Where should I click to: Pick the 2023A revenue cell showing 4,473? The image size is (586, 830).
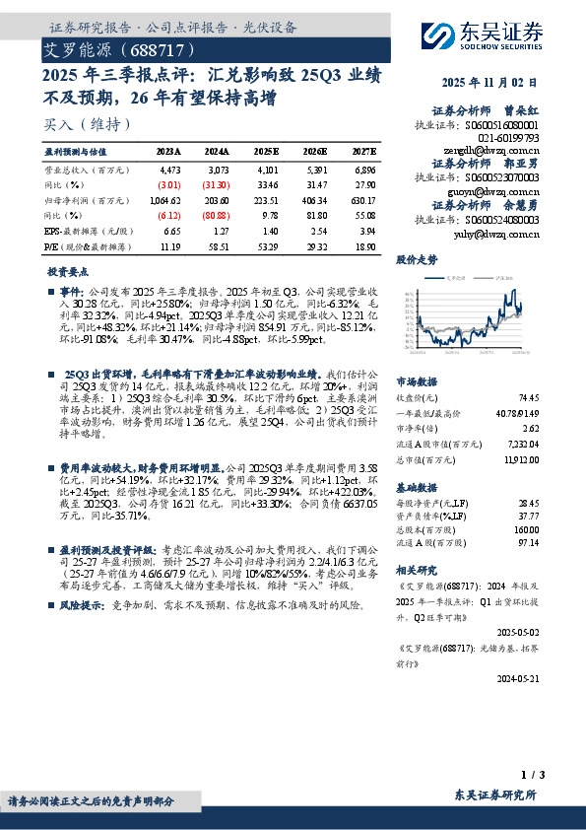169,171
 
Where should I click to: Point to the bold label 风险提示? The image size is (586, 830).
82,604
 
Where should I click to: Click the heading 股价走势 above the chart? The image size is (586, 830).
416,260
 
